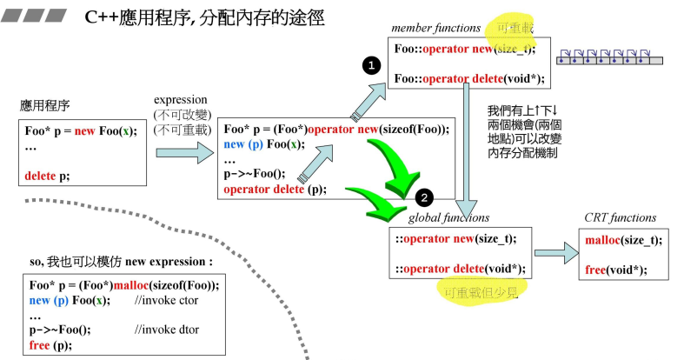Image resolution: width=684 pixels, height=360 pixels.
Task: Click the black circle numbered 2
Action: [424, 197]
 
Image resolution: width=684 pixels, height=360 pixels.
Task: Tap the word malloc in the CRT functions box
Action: [602, 240]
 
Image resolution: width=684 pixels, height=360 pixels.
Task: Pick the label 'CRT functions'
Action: [621, 217]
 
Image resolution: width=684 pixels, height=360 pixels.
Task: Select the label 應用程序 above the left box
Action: [45, 106]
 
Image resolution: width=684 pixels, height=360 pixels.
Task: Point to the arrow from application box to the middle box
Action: [184, 153]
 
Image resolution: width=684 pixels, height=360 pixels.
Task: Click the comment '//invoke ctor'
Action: [166, 300]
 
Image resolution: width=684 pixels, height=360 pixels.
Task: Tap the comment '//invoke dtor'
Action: [166, 330]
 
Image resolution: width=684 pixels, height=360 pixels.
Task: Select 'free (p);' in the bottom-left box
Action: [50, 344]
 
